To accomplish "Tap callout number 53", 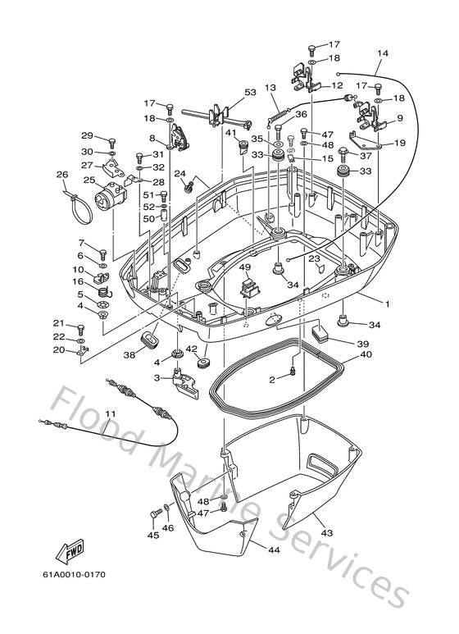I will click(x=250, y=93).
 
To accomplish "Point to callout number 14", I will click(x=383, y=55).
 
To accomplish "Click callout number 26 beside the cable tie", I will click(x=61, y=175).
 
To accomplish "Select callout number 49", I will click(x=244, y=268).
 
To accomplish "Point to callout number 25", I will click(x=90, y=181).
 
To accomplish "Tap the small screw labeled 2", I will click(x=292, y=376).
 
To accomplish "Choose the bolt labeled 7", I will click(x=102, y=253).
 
